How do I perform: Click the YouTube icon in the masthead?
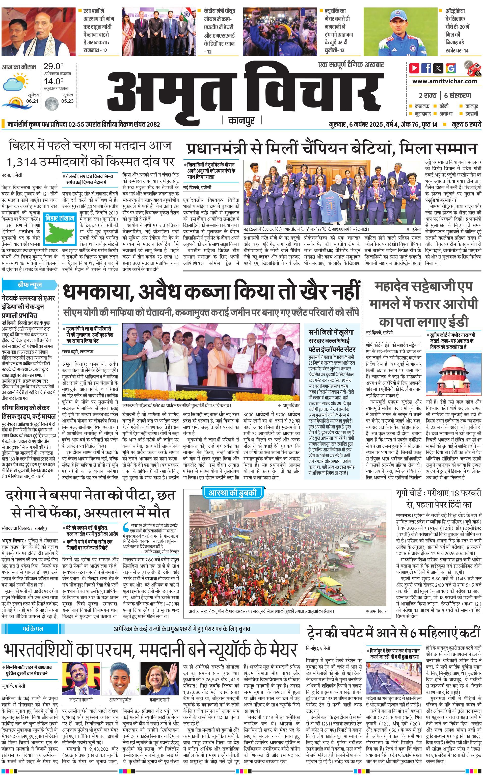tap(414, 68)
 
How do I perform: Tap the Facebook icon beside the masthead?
tap(426, 68)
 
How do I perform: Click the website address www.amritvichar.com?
tap(445, 81)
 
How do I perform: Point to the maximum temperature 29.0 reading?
tap(53, 66)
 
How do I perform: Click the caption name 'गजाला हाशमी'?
tap(160, 691)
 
